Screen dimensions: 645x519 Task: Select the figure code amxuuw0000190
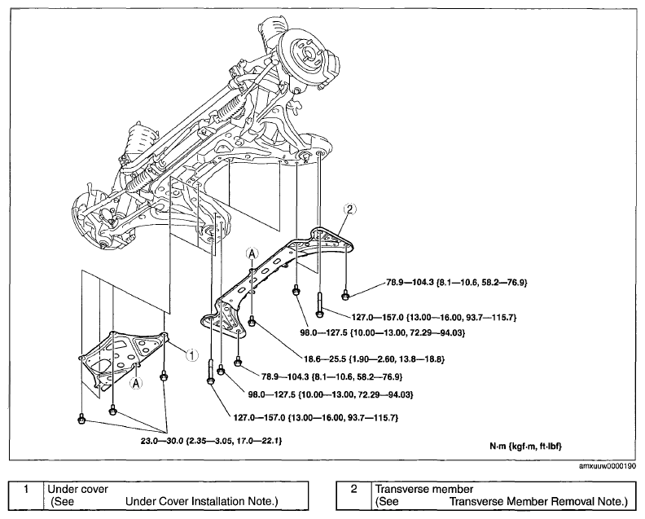(608, 466)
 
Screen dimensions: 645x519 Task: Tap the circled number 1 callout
(191, 354)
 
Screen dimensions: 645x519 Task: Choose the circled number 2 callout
(349, 209)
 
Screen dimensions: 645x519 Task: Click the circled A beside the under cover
(135, 383)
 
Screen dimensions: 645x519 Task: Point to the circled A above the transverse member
(252, 253)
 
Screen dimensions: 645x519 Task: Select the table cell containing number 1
(26, 495)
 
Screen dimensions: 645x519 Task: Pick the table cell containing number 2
(353, 495)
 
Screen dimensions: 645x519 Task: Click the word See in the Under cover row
(64, 502)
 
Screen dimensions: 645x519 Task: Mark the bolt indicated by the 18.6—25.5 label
(252, 321)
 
